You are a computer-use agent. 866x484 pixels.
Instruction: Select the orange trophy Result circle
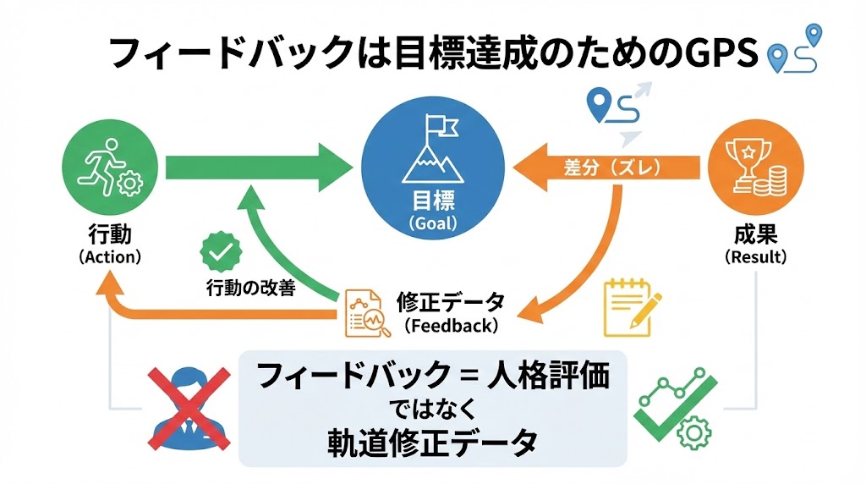(x=755, y=168)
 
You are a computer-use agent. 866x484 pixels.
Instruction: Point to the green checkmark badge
(x=220, y=252)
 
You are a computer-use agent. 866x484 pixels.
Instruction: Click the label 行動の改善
(x=250, y=288)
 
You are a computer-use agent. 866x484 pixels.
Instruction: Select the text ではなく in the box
(x=432, y=408)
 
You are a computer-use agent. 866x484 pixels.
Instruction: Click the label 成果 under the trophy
(x=755, y=233)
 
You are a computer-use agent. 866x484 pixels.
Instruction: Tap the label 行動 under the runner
(x=109, y=233)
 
